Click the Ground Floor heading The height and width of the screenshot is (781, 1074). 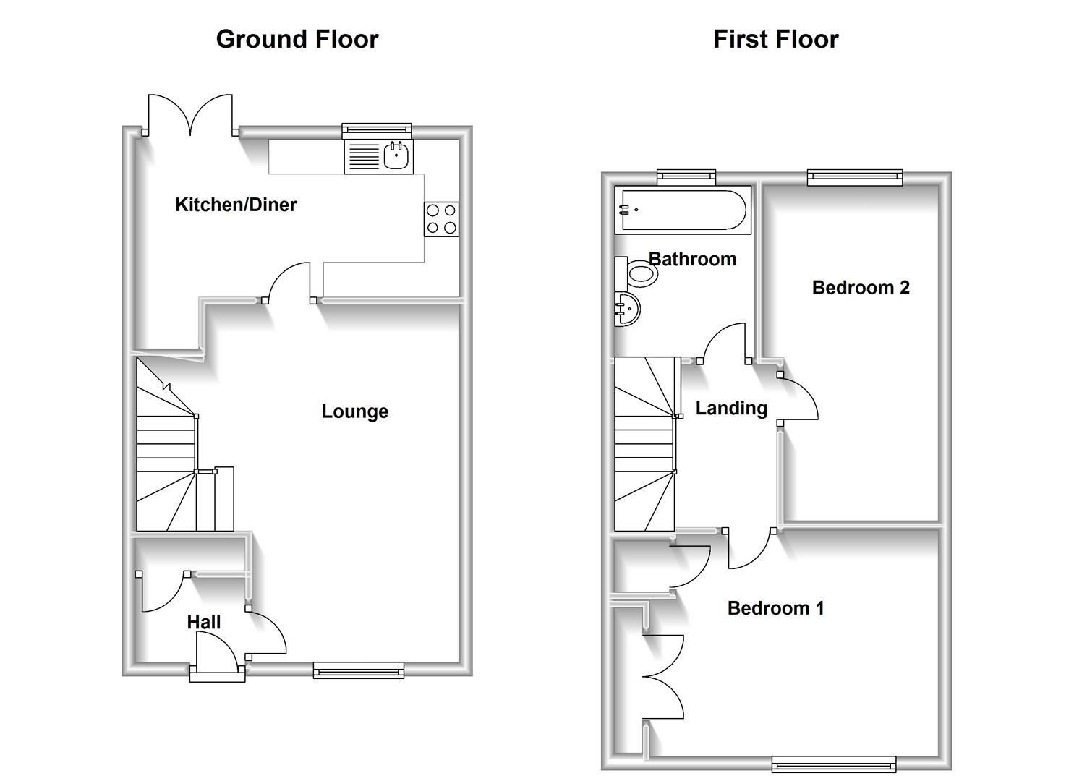point(297,39)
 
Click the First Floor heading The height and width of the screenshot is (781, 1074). point(775,39)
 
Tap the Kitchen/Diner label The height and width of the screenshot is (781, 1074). point(236,205)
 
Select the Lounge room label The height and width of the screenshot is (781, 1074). point(354,411)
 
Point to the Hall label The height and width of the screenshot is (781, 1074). point(204,622)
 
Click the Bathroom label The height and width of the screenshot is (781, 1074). point(692,259)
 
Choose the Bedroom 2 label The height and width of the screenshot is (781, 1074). point(861,288)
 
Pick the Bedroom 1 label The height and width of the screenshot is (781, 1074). point(775,608)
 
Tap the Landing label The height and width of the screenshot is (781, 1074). point(731,409)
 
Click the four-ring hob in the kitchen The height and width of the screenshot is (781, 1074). point(441,219)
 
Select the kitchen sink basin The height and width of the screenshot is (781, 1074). point(397,155)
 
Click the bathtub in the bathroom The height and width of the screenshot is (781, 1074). point(682,210)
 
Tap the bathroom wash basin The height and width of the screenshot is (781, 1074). point(626,310)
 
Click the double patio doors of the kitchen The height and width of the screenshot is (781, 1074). point(191,116)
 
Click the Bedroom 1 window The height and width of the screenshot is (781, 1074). point(833,763)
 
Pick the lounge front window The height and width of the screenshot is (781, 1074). point(358,670)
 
